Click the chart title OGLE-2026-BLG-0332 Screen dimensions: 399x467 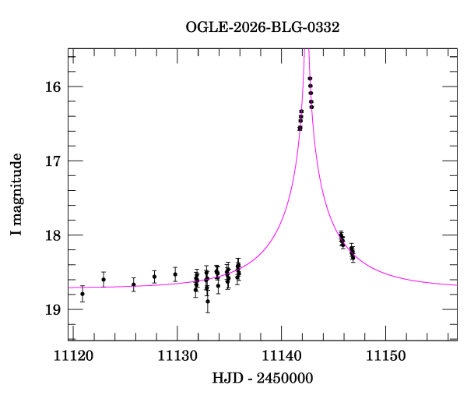[x=262, y=26]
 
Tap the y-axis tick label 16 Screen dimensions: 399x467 [x=54, y=87]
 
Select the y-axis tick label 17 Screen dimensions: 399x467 [x=54, y=161]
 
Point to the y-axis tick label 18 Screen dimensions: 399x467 [x=54, y=235]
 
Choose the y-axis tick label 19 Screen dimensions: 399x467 [x=54, y=309]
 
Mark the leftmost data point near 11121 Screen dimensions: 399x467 [x=83, y=294]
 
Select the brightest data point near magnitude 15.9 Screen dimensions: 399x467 [x=310, y=79]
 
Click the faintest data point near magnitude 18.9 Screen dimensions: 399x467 [x=208, y=301]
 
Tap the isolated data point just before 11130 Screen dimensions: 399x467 [x=175, y=274]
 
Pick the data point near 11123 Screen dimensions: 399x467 [x=104, y=280]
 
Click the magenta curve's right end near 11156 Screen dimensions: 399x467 [x=455, y=284]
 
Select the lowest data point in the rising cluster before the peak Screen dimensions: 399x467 [x=300, y=128]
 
